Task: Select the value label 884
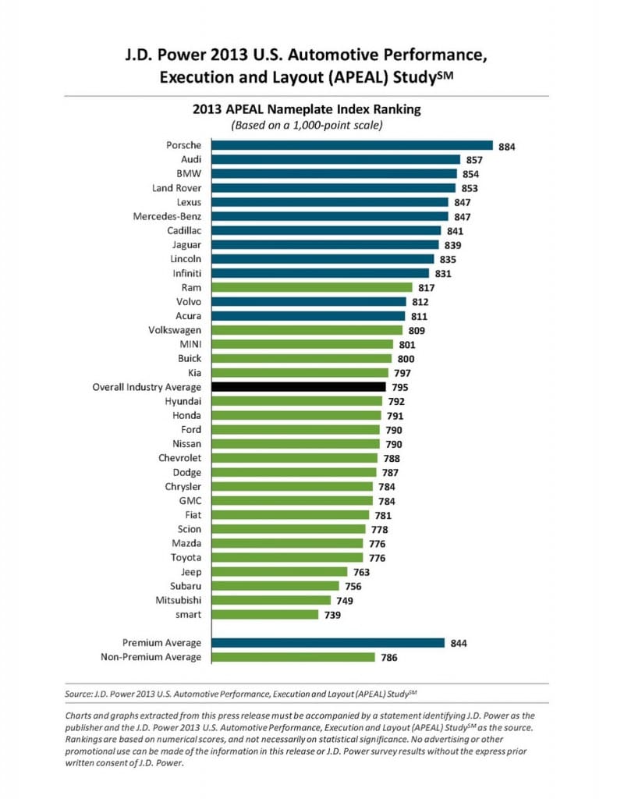[x=507, y=146]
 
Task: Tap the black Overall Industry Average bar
[x=298, y=387]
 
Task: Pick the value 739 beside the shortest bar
[x=334, y=615]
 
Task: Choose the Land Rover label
[x=176, y=188]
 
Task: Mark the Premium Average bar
[x=327, y=643]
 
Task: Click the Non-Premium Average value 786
[x=389, y=658]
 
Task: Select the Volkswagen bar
[x=305, y=330]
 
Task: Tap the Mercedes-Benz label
[x=166, y=216]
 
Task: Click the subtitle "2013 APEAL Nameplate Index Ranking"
[x=307, y=109]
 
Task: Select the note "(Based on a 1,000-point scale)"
[x=307, y=125]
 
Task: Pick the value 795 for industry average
[x=401, y=388]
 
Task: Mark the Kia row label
[x=192, y=373]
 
